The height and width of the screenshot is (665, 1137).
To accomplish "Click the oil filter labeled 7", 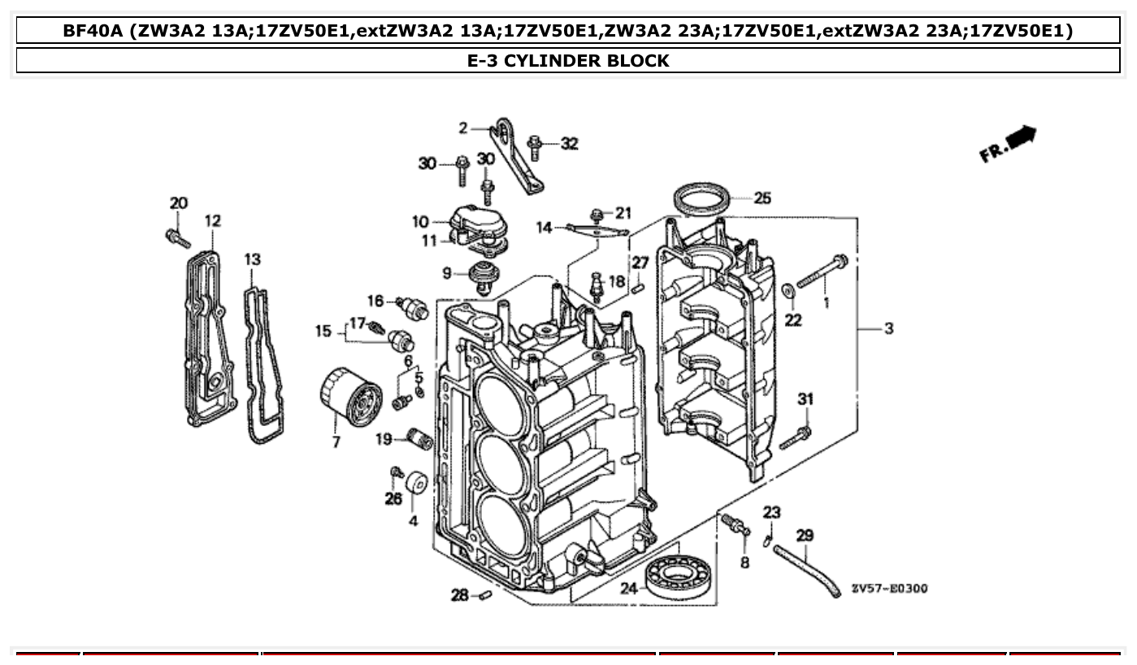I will tap(351, 398).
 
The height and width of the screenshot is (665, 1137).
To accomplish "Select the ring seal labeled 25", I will tap(701, 200).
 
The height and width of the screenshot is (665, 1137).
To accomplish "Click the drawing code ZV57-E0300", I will tap(889, 589).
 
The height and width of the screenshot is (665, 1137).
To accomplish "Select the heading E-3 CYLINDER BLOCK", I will tap(568, 60).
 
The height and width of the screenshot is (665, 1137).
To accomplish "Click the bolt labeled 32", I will tap(535, 147).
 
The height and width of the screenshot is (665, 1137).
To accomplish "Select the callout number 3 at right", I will tap(889, 328).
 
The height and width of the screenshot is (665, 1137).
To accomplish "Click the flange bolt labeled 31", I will tap(796, 437).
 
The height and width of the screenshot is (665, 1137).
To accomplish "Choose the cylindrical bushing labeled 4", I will tap(416, 482).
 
